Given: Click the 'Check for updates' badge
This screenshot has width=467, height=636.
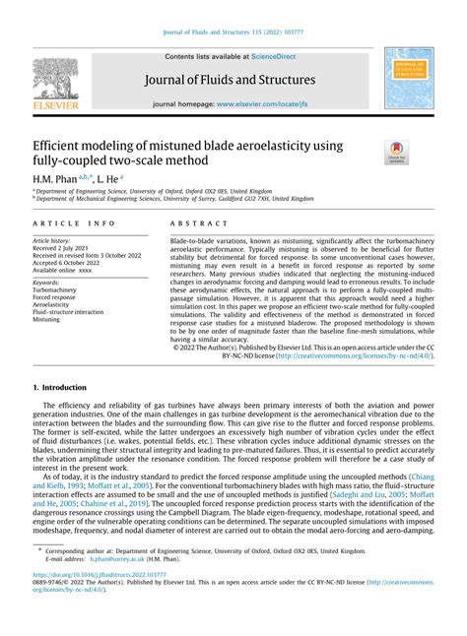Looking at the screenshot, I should point(396,152).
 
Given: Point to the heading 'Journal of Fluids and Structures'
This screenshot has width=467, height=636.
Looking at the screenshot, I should point(232,80).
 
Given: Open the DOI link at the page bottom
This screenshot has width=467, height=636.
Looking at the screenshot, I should point(98,601).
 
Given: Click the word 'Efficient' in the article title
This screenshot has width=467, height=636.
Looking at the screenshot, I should point(62,144).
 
